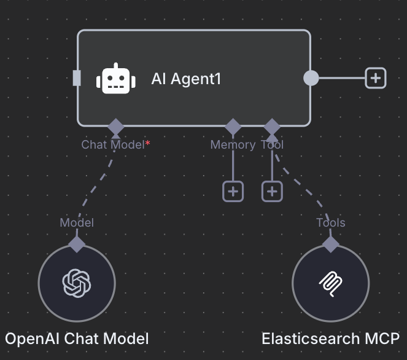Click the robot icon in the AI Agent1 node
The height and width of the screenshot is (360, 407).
[x=116, y=78]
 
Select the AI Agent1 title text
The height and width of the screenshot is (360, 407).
[x=186, y=79]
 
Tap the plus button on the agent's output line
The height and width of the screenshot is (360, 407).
[x=375, y=78]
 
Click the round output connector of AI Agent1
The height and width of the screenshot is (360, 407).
[x=311, y=78]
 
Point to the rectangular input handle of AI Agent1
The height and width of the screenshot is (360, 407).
[x=77, y=78]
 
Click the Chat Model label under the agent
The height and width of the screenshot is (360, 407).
[x=113, y=144]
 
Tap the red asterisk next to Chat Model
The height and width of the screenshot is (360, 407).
[x=147, y=143]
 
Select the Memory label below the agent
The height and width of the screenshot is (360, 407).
[x=233, y=145]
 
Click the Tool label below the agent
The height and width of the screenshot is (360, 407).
[x=272, y=144]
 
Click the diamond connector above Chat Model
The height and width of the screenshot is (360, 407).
[x=116, y=127]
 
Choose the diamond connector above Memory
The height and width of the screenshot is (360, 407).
[x=233, y=127]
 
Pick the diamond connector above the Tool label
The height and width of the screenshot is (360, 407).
[x=272, y=127]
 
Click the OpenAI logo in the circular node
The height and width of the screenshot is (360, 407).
[x=77, y=283]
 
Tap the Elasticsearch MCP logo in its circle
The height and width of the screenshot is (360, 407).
[x=330, y=284]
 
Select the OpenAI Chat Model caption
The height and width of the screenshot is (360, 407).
[x=77, y=338]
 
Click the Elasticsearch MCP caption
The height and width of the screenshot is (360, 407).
[x=330, y=338]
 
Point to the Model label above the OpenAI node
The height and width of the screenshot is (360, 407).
[x=77, y=222]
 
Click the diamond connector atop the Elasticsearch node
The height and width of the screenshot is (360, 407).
[x=330, y=245]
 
